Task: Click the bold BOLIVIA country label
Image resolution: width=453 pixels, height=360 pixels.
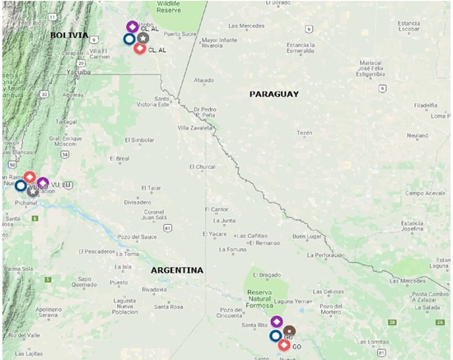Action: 68,35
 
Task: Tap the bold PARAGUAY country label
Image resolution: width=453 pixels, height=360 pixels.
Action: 273,95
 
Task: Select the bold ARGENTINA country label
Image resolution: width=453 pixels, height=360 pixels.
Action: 177,270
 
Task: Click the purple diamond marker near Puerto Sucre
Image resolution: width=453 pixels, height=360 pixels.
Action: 132,27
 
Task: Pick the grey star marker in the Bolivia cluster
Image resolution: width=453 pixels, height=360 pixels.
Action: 143,38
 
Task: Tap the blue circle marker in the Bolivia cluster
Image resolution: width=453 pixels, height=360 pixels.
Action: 129,39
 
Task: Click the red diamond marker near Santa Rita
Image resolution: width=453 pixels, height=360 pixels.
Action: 284,345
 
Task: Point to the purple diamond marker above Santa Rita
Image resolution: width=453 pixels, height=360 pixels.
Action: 277,321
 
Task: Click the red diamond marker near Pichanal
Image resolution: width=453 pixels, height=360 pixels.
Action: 30,177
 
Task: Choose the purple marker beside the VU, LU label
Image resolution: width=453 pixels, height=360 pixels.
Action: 43,184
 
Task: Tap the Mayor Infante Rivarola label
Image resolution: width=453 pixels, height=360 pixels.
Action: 220,42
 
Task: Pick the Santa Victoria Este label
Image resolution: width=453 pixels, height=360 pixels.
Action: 153,102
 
